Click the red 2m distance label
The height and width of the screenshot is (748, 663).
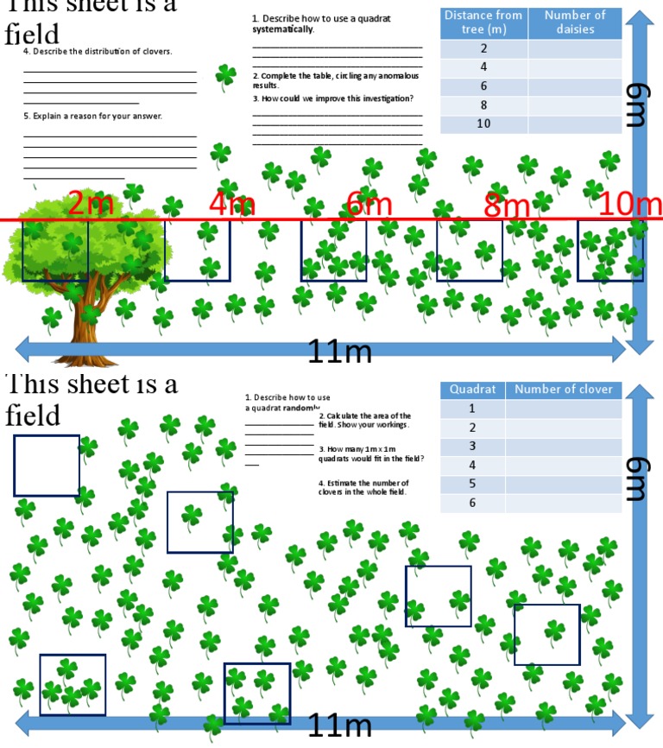91,205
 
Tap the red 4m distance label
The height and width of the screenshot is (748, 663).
232,205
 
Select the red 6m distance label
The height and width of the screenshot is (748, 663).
369,205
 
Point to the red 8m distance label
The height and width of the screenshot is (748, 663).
506,206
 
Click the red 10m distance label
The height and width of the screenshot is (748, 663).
630,205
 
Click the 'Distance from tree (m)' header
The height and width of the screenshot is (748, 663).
483,22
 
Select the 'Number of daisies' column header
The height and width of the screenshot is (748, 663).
575,22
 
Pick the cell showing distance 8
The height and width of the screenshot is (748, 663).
483,105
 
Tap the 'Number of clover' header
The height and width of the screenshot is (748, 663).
563,390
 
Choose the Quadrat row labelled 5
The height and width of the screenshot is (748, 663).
472,485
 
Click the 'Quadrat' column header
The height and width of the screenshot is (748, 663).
472,390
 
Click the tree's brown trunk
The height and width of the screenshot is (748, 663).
90,324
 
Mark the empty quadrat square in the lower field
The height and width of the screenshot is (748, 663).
47,466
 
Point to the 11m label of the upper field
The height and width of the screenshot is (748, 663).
340,352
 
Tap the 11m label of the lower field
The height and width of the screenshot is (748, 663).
340,726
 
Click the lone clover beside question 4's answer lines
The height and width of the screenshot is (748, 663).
225,77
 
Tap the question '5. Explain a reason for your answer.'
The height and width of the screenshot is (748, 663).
92,116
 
